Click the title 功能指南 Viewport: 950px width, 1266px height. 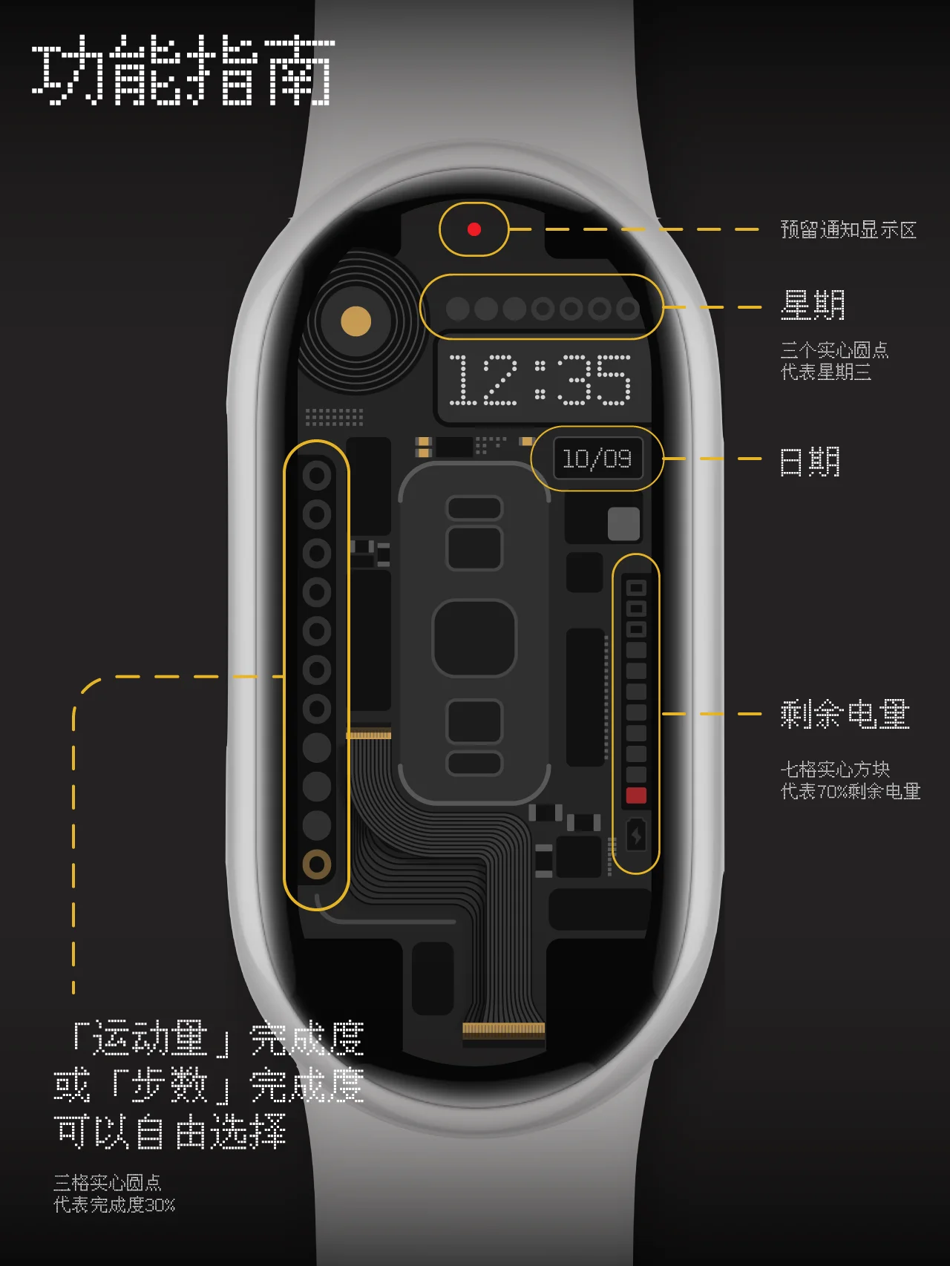[183, 72]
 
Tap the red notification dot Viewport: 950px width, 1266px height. [474, 229]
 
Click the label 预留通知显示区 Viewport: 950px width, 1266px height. [848, 230]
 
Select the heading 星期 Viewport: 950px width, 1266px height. [813, 305]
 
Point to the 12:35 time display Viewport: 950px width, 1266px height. [540, 379]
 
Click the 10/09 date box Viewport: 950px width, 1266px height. [597, 459]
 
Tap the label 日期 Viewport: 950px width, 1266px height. [810, 462]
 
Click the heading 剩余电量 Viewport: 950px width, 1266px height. [845, 714]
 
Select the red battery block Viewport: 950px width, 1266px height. [636, 796]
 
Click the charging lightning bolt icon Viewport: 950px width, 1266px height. [636, 836]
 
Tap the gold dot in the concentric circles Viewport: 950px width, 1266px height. [356, 321]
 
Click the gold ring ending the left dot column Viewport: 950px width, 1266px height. [317, 865]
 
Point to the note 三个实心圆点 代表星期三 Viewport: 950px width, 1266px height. [834, 361]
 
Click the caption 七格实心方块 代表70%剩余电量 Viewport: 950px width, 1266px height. [850, 780]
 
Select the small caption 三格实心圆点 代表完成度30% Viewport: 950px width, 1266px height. [114, 1193]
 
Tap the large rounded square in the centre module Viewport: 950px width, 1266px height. [474, 638]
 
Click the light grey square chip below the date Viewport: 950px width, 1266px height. [623, 524]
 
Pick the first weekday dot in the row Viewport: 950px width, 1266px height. [457, 308]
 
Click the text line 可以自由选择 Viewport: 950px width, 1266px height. [170, 1132]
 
